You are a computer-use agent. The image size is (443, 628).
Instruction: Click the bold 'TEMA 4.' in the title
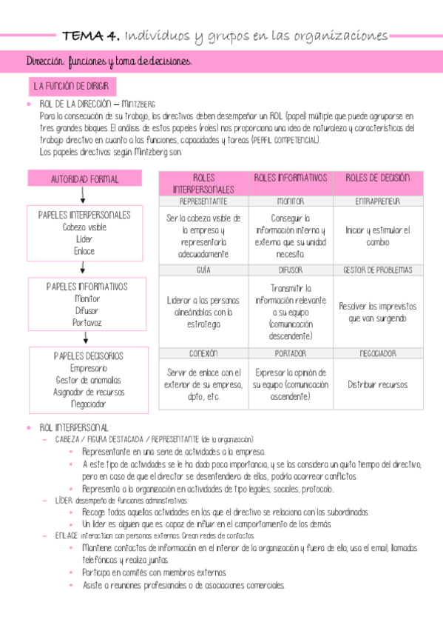point(91,35)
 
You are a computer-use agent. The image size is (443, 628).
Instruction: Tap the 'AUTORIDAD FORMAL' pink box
point(84,179)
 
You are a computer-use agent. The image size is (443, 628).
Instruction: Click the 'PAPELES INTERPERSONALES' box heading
point(84,215)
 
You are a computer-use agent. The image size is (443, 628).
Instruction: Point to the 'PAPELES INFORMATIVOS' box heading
point(87,287)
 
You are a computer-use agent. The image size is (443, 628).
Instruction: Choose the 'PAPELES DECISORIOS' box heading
point(88,356)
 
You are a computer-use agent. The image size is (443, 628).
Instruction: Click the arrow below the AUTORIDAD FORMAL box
point(83,195)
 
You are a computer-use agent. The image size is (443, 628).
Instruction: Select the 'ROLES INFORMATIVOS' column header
point(291,178)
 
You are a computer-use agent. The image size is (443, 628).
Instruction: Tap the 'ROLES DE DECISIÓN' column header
point(377,178)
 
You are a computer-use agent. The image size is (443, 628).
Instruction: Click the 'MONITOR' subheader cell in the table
point(291,201)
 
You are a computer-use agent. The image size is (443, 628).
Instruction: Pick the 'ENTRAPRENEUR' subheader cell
point(377,201)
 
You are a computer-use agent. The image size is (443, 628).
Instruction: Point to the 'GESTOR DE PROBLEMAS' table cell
point(377,270)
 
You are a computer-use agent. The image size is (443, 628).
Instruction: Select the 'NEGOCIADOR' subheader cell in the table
point(377,353)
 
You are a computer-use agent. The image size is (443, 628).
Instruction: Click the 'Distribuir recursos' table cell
point(377,385)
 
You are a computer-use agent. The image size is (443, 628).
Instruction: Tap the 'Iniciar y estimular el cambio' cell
point(377,236)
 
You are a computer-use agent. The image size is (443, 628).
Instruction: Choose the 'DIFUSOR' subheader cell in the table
point(291,270)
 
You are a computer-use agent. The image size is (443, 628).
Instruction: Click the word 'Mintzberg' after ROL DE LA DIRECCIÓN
point(138,104)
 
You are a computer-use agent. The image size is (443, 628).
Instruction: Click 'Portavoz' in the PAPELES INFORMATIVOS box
point(87,322)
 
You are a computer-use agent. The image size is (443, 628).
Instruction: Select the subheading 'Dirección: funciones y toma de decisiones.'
point(108,62)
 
